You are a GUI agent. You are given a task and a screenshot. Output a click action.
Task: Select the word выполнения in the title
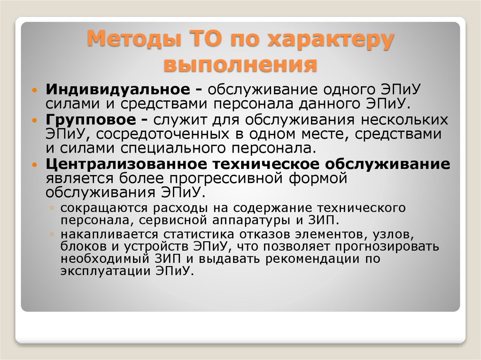pos(240,64)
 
